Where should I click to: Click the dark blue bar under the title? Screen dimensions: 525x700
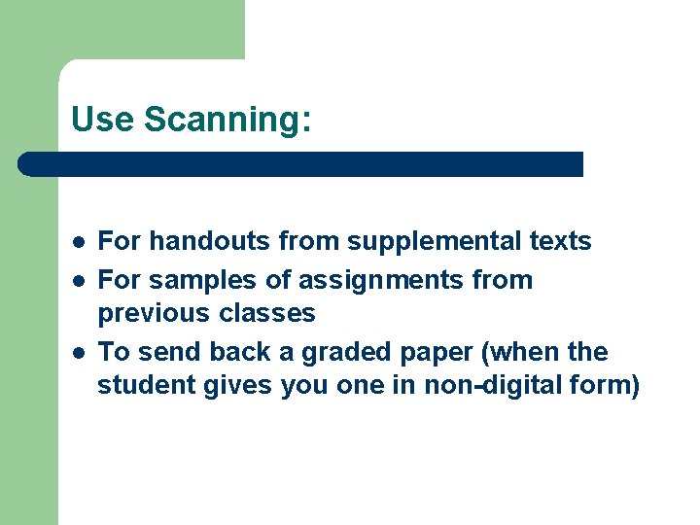[301, 164]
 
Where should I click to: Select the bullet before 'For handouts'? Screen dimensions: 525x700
[77, 241]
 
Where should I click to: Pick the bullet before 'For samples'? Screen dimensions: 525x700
[77, 280]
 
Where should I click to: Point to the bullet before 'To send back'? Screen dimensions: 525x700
[77, 352]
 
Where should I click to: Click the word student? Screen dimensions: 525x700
[147, 385]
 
